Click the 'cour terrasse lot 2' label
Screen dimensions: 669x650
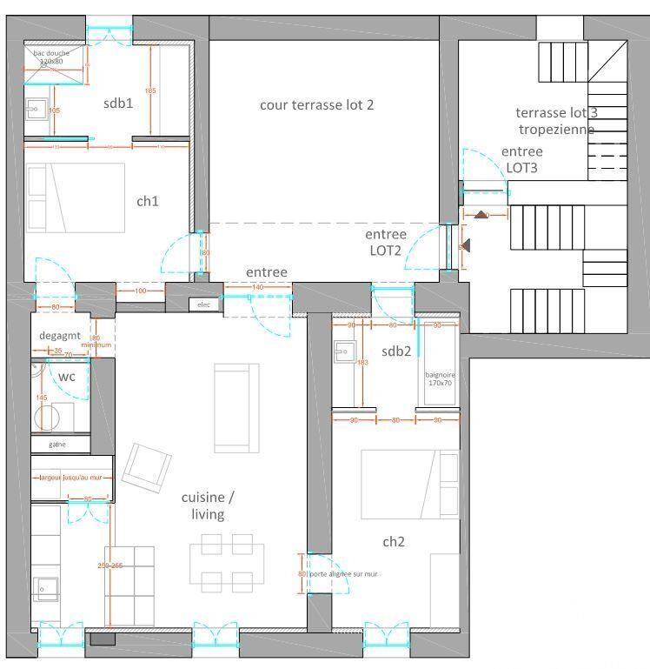[316, 105]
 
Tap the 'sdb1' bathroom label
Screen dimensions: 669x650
[118, 104]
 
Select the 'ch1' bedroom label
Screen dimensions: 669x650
[148, 201]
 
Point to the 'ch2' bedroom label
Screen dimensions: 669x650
[394, 541]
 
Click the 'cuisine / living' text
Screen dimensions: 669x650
[208, 505]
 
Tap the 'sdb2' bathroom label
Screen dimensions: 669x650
[395, 351]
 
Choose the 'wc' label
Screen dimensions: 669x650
[66, 377]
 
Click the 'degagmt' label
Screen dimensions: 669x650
[59, 336]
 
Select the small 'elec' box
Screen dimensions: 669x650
[204, 304]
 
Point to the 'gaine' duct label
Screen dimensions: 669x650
[57, 444]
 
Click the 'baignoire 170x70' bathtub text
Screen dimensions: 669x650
[439, 379]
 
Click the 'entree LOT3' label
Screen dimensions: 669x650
[522, 159]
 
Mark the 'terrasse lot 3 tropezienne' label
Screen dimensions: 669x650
[556, 121]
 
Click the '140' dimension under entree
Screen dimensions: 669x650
[256, 287]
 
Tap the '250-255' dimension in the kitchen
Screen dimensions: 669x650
[110, 566]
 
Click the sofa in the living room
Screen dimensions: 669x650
[236, 407]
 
